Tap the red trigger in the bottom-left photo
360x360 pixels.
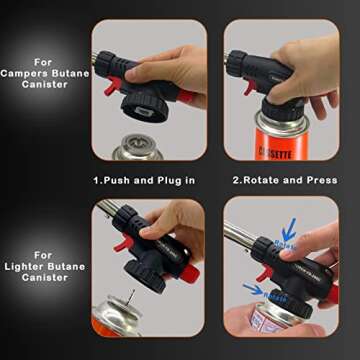[117, 241]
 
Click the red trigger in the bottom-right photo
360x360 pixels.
[261, 271]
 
